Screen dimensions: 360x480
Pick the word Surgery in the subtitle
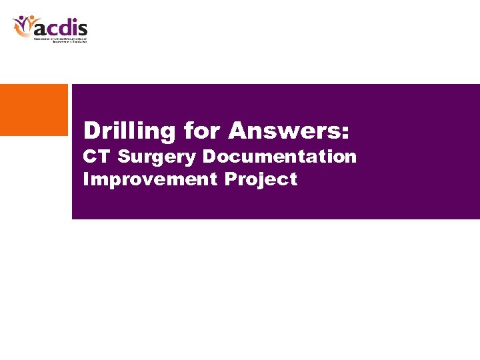click(157, 158)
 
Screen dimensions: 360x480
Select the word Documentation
click(279, 157)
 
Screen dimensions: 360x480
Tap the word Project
click(261, 180)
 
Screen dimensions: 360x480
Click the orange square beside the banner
click(34, 110)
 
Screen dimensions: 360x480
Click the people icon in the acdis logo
click(23, 26)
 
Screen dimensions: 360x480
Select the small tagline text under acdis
click(61, 39)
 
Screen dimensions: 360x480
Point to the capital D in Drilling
click(92, 131)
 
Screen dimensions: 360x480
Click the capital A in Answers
click(238, 131)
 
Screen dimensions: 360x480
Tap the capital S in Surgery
click(123, 157)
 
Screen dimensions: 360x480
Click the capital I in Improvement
click(86, 179)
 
